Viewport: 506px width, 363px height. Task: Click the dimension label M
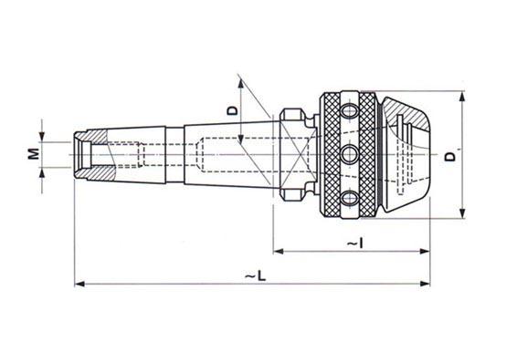pos(33,154)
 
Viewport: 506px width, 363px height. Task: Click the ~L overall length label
pos(256,276)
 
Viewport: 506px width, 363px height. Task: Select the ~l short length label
pos(355,244)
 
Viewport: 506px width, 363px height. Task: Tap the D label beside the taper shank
pos(232,110)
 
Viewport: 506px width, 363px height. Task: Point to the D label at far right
pos(450,157)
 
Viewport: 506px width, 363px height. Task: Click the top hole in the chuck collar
pos(350,111)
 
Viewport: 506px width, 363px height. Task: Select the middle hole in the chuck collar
pos(350,154)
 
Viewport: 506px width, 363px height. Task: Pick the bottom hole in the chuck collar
pos(350,198)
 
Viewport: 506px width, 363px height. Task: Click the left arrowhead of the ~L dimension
pos(79,284)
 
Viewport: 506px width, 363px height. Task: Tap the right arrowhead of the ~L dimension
pos(425,284)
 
